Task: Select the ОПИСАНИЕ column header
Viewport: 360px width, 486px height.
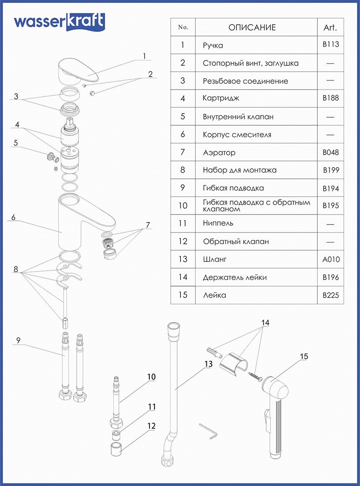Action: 252,28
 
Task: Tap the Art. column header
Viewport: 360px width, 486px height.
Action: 330,28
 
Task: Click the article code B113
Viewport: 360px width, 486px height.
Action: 331,44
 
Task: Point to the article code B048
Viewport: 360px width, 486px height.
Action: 331,153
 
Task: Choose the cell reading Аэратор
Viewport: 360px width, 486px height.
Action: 219,153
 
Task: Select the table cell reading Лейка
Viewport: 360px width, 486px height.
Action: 214,295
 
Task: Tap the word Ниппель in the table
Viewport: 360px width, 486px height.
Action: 218,223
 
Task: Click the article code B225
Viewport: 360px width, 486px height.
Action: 331,295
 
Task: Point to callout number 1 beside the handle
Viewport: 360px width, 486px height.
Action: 144,56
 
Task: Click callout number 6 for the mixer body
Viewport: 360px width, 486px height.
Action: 13,217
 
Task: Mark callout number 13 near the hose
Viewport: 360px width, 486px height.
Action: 208,364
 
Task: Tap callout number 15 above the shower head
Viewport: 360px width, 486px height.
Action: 304,357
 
